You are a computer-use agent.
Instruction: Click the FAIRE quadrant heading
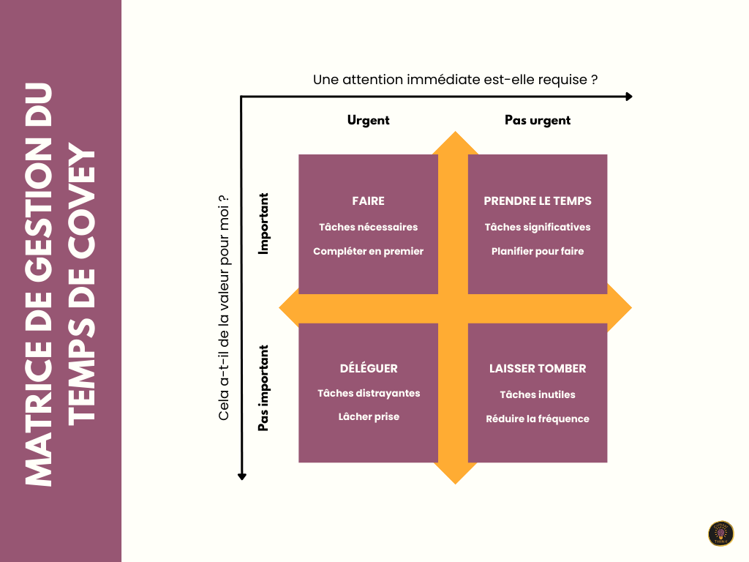pos(368,201)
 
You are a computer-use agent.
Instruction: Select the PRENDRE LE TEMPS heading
pos(538,201)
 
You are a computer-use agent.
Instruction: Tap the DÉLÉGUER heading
pos(369,369)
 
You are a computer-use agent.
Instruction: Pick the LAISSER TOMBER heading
pos(538,369)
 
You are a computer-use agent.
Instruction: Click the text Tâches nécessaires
pos(368,227)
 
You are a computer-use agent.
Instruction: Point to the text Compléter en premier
pos(368,251)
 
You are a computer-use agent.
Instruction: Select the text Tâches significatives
pos(538,227)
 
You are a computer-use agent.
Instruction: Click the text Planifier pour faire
pos(538,251)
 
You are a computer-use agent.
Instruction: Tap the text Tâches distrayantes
pos(369,393)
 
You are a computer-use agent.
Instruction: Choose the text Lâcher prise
pos(369,417)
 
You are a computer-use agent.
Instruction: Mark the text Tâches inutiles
pos(538,394)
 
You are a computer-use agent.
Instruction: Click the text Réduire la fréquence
pos(538,419)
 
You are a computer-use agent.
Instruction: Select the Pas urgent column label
pos(538,120)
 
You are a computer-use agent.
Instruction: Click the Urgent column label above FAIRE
pos(368,120)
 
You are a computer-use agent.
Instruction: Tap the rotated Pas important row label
pos(264,389)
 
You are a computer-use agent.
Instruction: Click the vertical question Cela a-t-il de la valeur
pos(225,307)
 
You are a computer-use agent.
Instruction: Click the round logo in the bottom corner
pos(720,533)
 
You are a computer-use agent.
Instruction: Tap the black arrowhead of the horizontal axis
pos(628,97)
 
